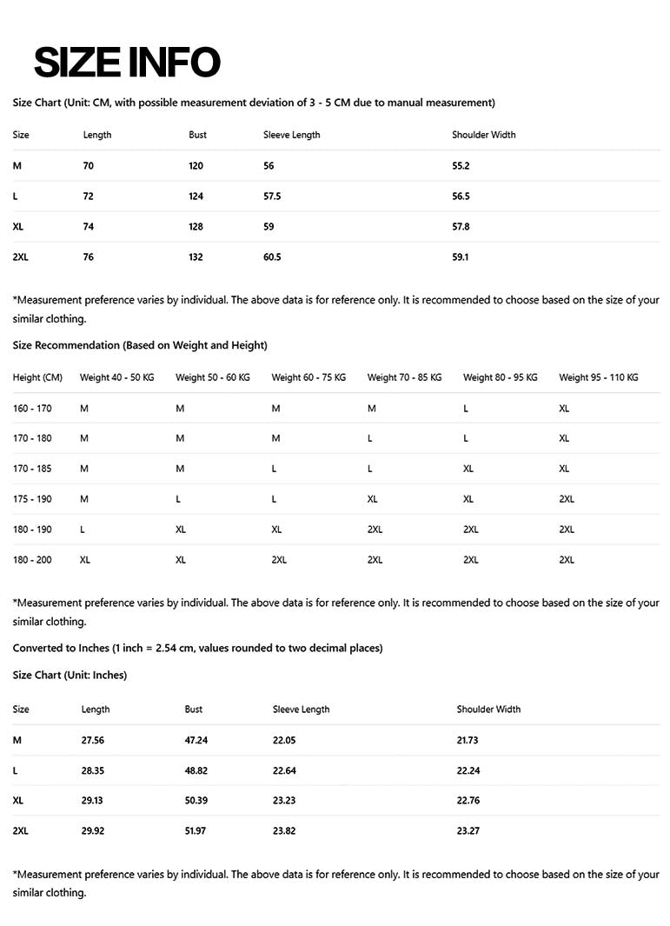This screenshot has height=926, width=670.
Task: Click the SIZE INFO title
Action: pyautogui.click(x=127, y=63)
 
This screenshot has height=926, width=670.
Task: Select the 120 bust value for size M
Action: pyautogui.click(x=196, y=166)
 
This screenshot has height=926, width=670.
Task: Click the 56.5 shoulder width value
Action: pyautogui.click(x=461, y=197)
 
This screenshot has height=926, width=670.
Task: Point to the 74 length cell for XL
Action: pyautogui.click(x=88, y=227)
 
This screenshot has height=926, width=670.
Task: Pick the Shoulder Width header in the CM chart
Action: pyautogui.click(x=483, y=135)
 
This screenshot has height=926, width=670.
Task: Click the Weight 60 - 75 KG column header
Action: pyautogui.click(x=308, y=377)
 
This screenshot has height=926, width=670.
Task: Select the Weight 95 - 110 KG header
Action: pyautogui.click(x=598, y=377)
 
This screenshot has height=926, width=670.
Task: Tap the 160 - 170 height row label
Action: pyautogui.click(x=32, y=409)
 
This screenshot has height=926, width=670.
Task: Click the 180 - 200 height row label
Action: pyautogui.click(x=32, y=560)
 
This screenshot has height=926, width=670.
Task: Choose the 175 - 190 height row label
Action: pyautogui.click(x=32, y=499)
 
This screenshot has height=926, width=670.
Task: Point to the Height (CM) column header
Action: pyautogui.click(x=37, y=377)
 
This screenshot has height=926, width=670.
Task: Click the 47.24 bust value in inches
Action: pyautogui.click(x=196, y=741)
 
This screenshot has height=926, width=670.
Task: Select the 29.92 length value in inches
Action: pyautogui.click(x=93, y=831)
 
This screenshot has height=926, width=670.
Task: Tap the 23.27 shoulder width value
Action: pyautogui.click(x=468, y=831)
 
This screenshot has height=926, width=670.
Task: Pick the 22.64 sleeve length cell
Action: pyautogui.click(x=284, y=771)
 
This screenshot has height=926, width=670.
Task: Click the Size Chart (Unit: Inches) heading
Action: pyautogui.click(x=70, y=676)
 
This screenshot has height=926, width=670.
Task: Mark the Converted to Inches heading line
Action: pyautogui.click(x=197, y=648)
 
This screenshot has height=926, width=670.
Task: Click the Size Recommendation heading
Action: pyautogui.click(x=140, y=345)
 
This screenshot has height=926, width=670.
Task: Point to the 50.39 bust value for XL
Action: pyautogui.click(x=196, y=801)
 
